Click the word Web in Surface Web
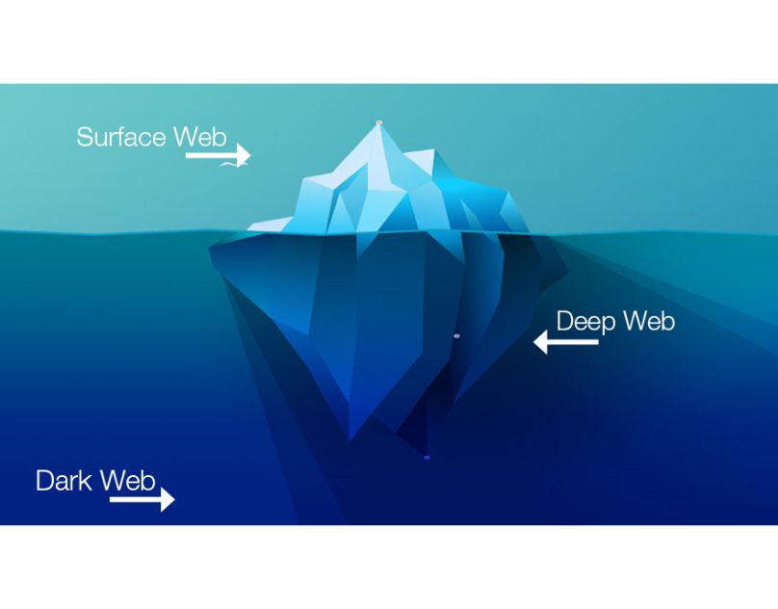(x=200, y=137)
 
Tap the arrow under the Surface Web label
(x=219, y=155)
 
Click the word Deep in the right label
(x=586, y=322)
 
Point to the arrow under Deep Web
(x=565, y=342)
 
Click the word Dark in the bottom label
(x=64, y=481)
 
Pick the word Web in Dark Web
(x=127, y=481)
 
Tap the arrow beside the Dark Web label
(x=143, y=499)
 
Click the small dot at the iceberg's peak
(x=379, y=121)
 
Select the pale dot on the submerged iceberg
(x=456, y=336)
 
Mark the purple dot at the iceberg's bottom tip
(x=427, y=458)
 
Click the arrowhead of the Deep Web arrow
(x=541, y=342)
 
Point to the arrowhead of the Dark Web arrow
(x=169, y=499)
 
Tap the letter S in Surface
(x=85, y=137)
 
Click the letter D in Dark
(x=44, y=481)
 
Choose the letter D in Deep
(x=565, y=321)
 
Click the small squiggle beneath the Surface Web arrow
(x=228, y=165)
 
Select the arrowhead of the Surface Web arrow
(x=245, y=155)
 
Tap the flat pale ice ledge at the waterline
(x=271, y=225)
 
